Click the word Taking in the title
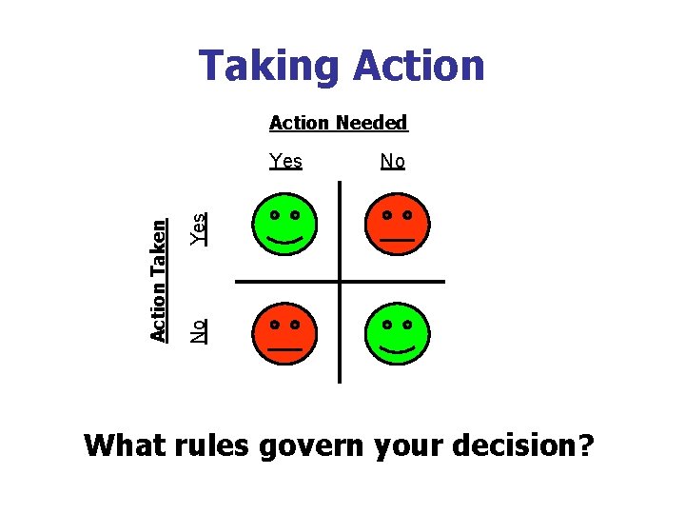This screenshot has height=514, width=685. pyautogui.click(x=268, y=67)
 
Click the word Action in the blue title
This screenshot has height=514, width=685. pyautogui.click(x=419, y=67)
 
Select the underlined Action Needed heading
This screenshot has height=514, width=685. pyautogui.click(x=339, y=123)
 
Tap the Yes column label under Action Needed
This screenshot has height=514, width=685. pyautogui.click(x=285, y=161)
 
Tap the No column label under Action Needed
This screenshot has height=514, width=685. pyautogui.click(x=392, y=161)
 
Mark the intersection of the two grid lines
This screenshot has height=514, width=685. pyautogui.click(x=339, y=282)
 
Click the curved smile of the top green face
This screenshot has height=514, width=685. pyautogui.click(x=284, y=238)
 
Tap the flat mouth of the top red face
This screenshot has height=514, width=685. pyautogui.click(x=399, y=240)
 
